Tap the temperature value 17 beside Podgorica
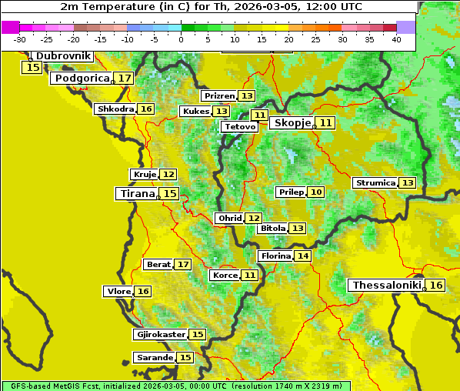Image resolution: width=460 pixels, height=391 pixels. pyautogui.click(x=125, y=79)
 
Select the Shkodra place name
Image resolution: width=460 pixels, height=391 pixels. pyautogui.click(x=115, y=109)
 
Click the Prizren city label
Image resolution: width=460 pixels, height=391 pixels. pyautogui.click(x=218, y=96)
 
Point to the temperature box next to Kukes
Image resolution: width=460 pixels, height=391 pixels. pyautogui.click(x=222, y=112)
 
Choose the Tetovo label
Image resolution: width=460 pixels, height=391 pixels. pyautogui.click(x=239, y=126)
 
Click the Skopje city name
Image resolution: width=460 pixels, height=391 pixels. pyautogui.click(x=292, y=123)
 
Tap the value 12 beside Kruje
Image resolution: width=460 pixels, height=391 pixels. pyautogui.click(x=168, y=175)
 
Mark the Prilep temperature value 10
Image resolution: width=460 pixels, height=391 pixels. pyautogui.click(x=316, y=192)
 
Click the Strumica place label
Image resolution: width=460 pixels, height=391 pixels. pyautogui.click(x=375, y=183)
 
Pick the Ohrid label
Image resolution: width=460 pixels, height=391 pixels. pyautogui.click(x=229, y=219)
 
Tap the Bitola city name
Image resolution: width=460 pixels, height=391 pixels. pyautogui.click(x=272, y=229)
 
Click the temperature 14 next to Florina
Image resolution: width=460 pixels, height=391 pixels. pyautogui.click(x=303, y=256)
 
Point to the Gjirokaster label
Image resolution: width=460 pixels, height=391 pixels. pyautogui.click(x=160, y=335)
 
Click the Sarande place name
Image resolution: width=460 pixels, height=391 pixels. pyautogui.click(x=154, y=358)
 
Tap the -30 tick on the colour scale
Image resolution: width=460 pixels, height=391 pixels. pyautogui.click(x=20, y=39)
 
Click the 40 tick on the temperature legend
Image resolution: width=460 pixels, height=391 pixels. pyautogui.click(x=396, y=39)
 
